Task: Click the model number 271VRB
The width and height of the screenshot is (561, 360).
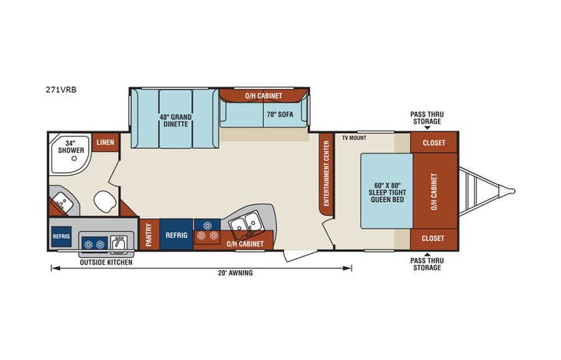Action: click(61, 89)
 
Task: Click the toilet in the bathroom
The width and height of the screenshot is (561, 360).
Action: click(104, 203)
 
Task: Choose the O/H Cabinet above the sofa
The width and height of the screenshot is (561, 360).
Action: click(263, 96)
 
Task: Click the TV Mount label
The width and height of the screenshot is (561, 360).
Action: click(354, 138)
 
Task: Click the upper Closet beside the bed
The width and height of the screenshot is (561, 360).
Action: click(434, 143)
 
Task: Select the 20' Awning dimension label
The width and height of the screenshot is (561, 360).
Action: click(235, 272)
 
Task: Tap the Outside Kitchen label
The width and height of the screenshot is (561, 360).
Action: click(106, 263)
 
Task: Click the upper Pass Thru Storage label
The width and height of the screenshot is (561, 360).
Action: click(427, 117)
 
